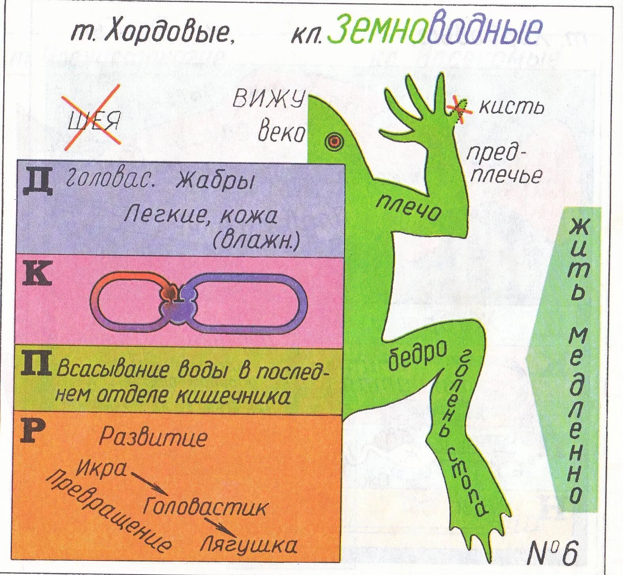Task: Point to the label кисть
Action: (511, 107)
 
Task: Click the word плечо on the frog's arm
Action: (408, 207)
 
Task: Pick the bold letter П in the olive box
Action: (36, 364)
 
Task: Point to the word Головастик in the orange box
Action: (205, 507)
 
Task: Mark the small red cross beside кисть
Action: (459, 107)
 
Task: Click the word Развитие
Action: (153, 437)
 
